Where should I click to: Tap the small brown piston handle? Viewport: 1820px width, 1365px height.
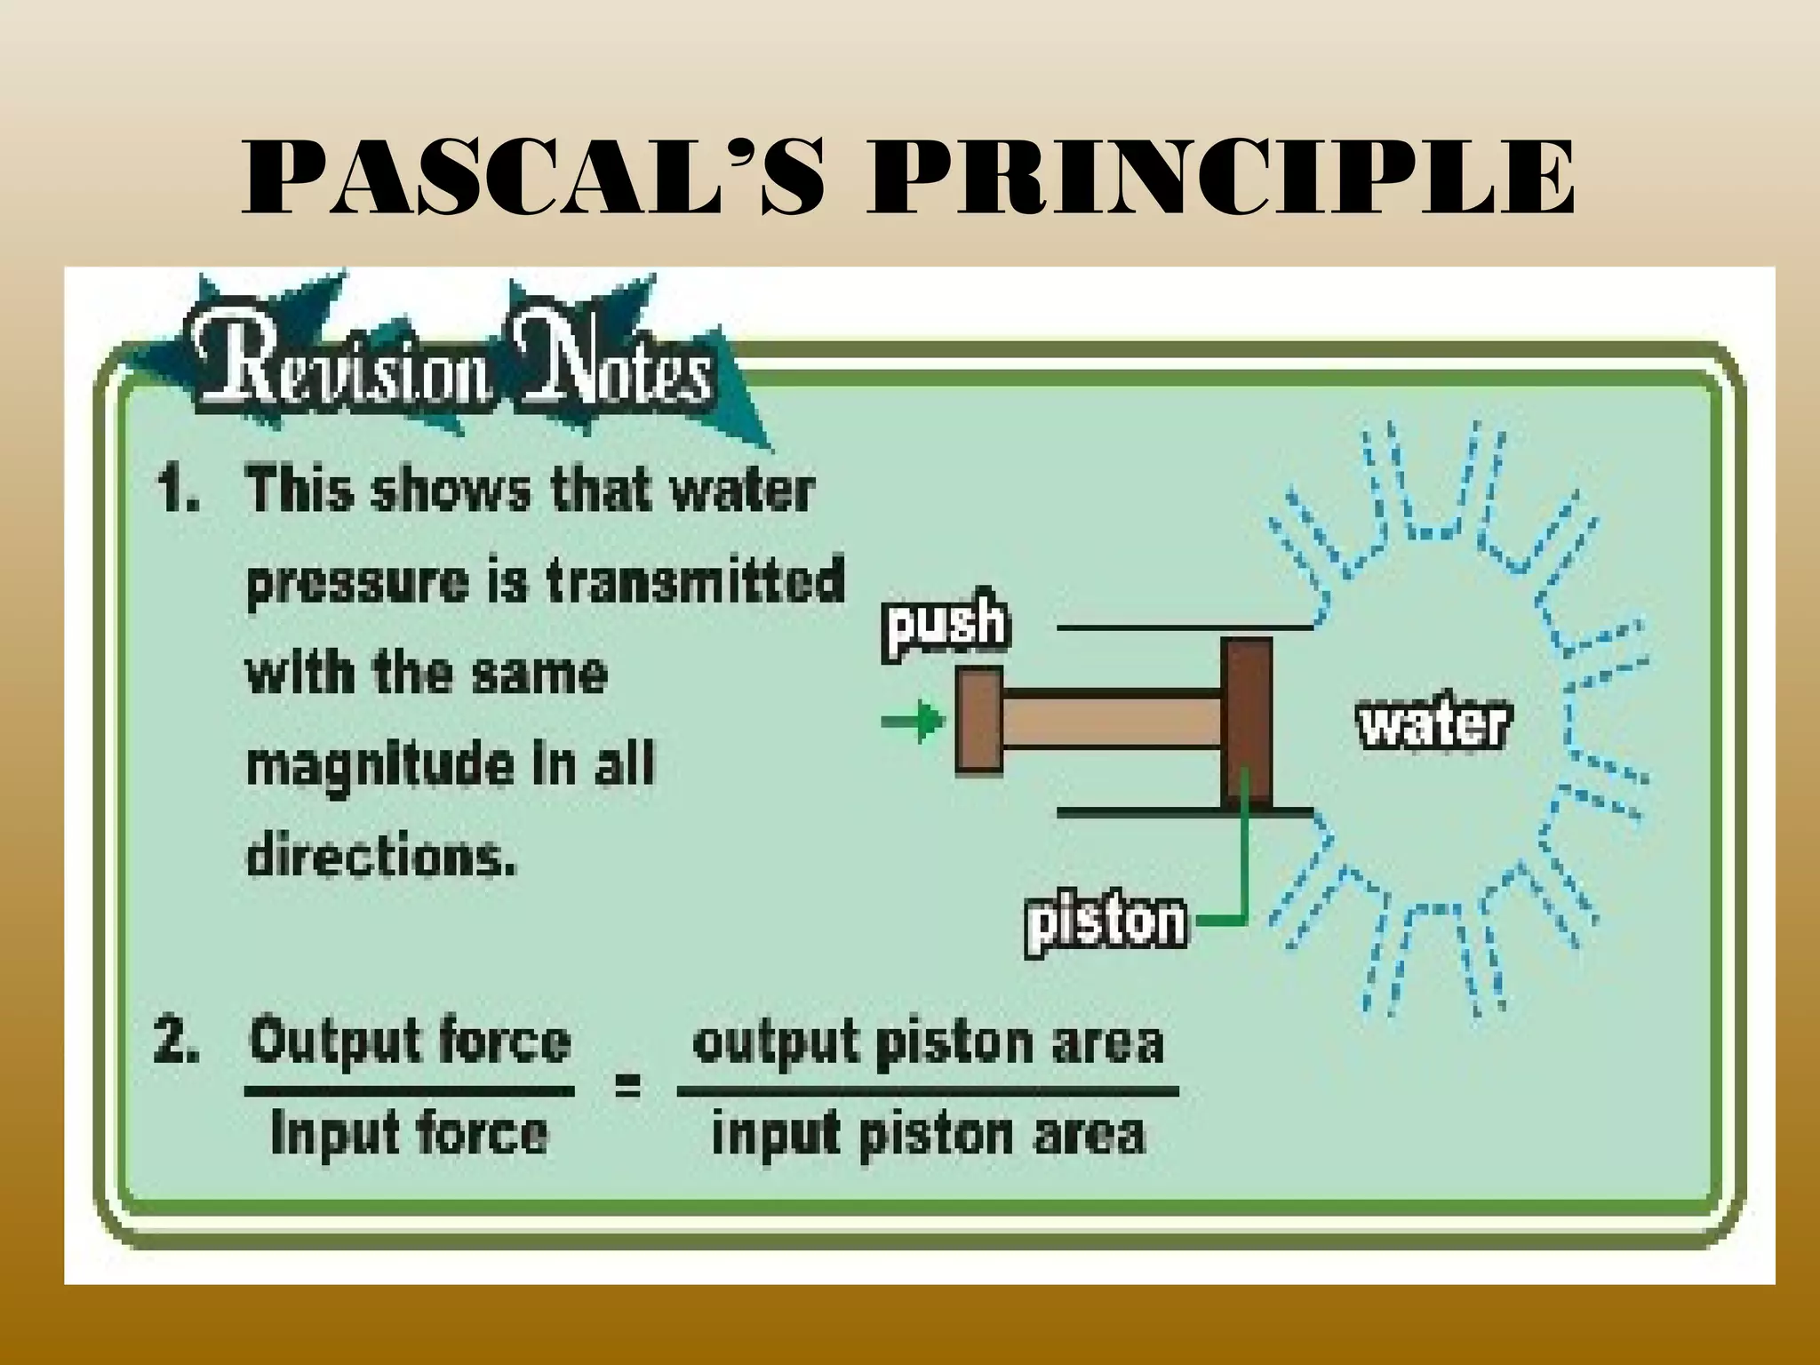click(x=978, y=720)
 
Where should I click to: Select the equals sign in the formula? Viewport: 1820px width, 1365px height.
click(x=627, y=1086)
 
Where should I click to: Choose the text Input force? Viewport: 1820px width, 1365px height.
click(x=410, y=1135)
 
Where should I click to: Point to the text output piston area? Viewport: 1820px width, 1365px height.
click(x=928, y=1042)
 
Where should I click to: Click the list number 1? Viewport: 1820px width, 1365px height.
click(x=177, y=491)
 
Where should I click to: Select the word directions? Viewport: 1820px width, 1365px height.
click(x=380, y=855)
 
